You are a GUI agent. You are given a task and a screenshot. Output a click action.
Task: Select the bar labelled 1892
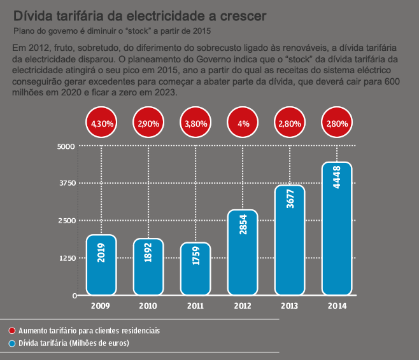(148, 267)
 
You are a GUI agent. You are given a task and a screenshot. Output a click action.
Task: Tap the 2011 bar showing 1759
(195, 268)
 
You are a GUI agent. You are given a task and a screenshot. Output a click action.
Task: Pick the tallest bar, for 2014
(336, 229)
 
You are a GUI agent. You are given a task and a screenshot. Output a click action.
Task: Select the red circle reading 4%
(243, 124)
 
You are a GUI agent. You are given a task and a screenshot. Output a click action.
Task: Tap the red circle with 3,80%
(196, 124)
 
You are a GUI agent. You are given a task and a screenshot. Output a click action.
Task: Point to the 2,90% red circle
(149, 124)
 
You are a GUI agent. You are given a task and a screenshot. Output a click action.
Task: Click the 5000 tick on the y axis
(67, 146)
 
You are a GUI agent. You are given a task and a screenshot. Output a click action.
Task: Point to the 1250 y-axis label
(67, 258)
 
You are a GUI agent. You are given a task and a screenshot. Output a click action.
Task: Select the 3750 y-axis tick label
(67, 183)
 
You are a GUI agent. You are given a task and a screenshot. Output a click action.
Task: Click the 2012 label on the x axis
(243, 306)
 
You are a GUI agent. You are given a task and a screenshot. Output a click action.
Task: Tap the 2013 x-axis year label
(290, 306)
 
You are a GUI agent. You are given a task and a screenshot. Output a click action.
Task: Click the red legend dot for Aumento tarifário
(12, 331)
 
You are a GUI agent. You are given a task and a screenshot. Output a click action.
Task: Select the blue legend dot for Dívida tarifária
(12, 343)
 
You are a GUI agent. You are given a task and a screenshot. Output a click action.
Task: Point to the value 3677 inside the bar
(290, 200)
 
